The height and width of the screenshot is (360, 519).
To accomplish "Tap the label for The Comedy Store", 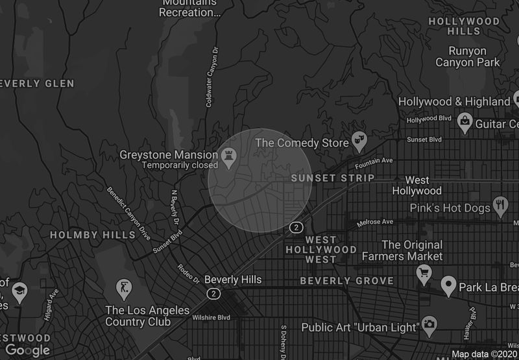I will tap(302, 141).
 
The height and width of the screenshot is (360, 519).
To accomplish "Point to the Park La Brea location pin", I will tap(448, 286).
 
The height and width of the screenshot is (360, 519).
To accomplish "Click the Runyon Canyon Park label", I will tap(468, 56).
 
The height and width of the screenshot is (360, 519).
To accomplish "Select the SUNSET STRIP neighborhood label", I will tap(333, 178).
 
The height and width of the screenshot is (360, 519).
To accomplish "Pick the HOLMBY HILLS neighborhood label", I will tap(84, 235).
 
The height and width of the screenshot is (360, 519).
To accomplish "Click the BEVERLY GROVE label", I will tap(346, 281).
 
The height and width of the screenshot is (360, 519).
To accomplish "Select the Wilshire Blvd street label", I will tap(211, 318).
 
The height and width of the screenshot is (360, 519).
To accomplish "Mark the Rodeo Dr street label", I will tap(187, 274).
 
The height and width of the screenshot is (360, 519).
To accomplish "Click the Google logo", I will tap(27, 350).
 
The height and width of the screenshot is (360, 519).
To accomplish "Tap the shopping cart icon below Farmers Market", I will tap(424, 272).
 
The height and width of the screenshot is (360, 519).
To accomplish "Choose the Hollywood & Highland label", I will tap(454, 102).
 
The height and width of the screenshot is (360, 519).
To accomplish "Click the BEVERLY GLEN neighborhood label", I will tap(38, 84).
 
